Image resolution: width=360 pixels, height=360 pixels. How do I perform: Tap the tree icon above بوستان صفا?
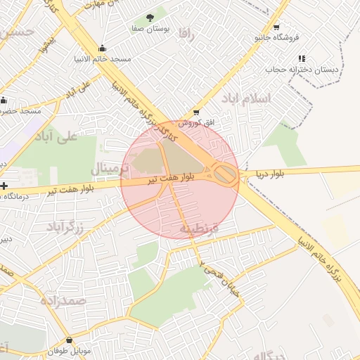coord(148,17)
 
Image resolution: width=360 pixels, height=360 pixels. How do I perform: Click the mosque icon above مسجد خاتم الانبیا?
coord(103,49)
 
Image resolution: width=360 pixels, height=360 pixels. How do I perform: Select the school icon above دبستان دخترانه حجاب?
coord(302,58)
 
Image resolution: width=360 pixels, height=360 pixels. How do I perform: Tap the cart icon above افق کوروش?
coord(196,112)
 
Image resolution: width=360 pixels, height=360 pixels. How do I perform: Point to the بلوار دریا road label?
coord(271,173)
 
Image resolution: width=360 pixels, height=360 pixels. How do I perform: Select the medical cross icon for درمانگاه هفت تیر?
coord(5,186)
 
